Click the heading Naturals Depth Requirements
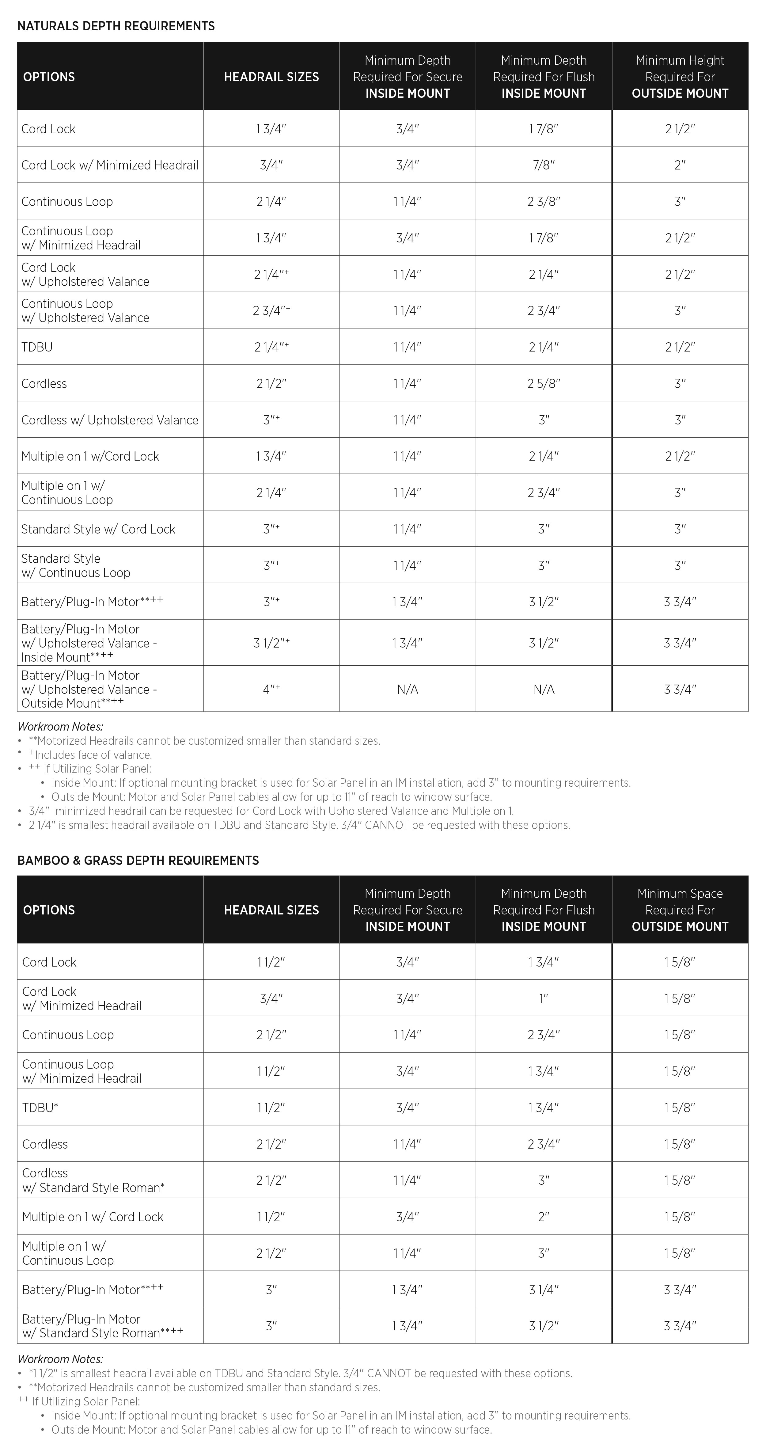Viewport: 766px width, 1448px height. point(116,26)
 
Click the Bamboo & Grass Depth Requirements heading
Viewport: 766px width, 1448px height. point(138,860)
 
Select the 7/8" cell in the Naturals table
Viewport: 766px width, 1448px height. point(544,165)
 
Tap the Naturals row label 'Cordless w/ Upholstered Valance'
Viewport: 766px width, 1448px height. point(110,420)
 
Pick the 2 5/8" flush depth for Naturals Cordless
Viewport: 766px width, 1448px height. point(544,383)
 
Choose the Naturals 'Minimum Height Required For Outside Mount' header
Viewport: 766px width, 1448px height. point(680,76)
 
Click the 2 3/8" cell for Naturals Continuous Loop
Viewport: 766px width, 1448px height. point(544,201)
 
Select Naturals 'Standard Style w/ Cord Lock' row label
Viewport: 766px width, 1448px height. point(98,529)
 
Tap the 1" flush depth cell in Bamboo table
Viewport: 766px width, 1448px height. point(544,998)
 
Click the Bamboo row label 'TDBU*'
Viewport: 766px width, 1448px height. point(40,1107)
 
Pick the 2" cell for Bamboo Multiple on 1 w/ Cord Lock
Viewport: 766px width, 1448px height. point(544,1216)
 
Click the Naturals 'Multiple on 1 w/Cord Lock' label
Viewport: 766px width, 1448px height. point(90,456)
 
